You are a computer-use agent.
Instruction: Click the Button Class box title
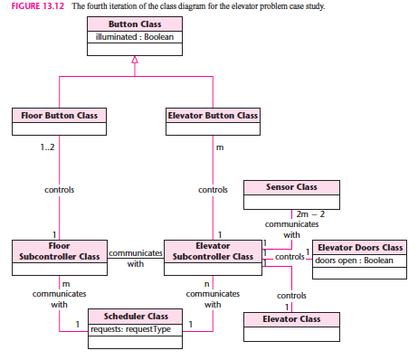[x=135, y=24]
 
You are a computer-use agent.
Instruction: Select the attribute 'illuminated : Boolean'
[x=135, y=37]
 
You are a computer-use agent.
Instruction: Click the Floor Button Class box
[x=60, y=116]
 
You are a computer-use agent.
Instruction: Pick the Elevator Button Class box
[x=213, y=116]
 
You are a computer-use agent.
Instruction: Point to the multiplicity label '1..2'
[x=46, y=147]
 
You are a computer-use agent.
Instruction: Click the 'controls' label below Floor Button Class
[x=60, y=190]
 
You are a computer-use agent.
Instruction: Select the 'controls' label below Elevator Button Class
[x=213, y=190]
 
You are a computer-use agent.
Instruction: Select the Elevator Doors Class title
[x=360, y=247]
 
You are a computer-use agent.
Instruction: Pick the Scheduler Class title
[x=135, y=317]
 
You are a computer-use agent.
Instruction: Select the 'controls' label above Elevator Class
[x=291, y=295]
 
